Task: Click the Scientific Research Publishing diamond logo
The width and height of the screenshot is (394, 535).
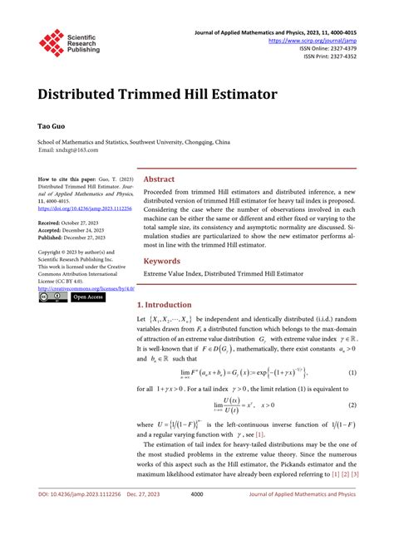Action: click(52, 42)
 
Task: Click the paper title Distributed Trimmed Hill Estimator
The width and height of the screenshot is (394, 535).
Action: click(157, 94)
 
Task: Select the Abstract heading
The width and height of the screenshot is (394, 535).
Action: click(159, 179)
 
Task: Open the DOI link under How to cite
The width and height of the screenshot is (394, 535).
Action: click(79, 209)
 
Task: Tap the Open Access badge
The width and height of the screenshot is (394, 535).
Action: click(87, 297)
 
